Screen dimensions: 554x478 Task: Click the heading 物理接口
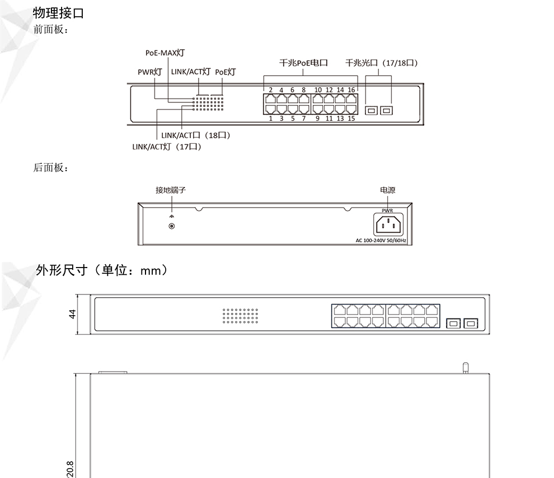tap(58, 13)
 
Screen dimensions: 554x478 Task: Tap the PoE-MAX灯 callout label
tap(165, 53)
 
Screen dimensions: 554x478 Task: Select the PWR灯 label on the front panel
tap(150, 72)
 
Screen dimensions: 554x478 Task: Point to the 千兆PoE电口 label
tap(303, 63)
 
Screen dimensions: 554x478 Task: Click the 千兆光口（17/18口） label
tap(382, 63)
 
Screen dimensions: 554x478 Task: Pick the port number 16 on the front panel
tap(351, 90)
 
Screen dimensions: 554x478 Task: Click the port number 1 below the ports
tap(271, 118)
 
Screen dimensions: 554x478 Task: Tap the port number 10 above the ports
tap(318, 90)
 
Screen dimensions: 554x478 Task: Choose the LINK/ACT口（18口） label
tap(196, 135)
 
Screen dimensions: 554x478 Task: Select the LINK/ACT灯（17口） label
tap(167, 147)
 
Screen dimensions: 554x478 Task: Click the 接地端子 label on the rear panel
tap(171, 190)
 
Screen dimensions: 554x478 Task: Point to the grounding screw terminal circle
tap(172, 226)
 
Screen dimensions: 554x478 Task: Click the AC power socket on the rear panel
tap(388, 224)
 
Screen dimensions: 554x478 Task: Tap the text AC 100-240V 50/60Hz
tap(381, 241)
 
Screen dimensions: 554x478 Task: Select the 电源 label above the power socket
tap(388, 190)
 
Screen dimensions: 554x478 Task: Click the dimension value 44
tap(72, 314)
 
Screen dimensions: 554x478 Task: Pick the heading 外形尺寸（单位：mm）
tap(102, 270)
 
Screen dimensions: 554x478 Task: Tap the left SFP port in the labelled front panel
tap(371, 111)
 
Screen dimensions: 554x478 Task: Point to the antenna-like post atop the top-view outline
tap(466, 367)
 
